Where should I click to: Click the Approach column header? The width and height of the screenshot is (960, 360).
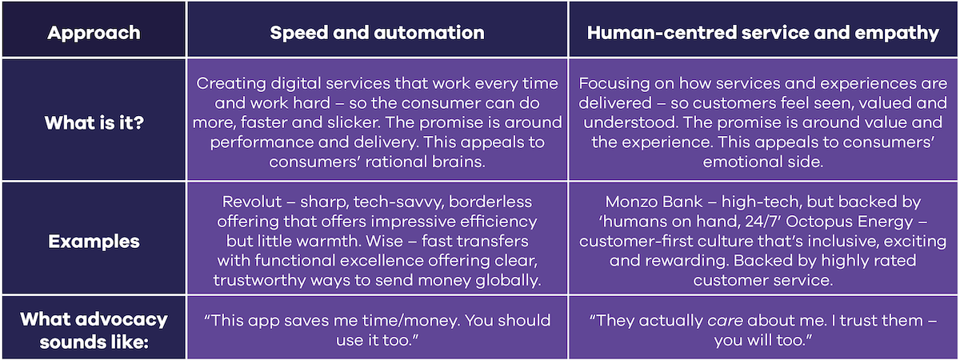(x=94, y=33)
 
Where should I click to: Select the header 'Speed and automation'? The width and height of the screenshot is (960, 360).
(x=377, y=33)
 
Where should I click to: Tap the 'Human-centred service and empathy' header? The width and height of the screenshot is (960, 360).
(x=763, y=33)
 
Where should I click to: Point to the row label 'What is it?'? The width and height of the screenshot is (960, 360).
(x=94, y=123)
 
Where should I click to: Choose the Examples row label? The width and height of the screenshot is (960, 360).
(x=94, y=242)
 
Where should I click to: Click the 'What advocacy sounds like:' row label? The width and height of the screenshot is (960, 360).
(x=94, y=330)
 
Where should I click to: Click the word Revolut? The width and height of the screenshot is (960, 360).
(x=252, y=202)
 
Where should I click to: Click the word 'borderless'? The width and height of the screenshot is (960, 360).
(x=490, y=202)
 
